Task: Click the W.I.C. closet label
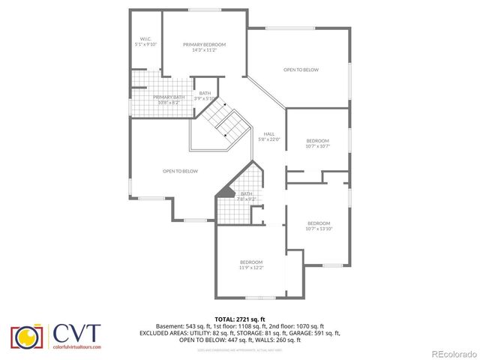pyautogui.click(x=146, y=42)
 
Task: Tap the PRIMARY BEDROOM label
pyautogui.click(x=204, y=47)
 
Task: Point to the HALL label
pyautogui.click(x=268, y=136)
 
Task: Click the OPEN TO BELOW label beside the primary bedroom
pyautogui.click(x=301, y=70)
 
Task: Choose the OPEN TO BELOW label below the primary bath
pyautogui.click(x=180, y=171)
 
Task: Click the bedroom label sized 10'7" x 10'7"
pyautogui.click(x=318, y=144)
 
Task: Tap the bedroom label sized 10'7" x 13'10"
pyautogui.click(x=319, y=226)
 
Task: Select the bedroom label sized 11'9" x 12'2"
pyautogui.click(x=251, y=264)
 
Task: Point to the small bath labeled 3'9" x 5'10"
pyautogui.click(x=205, y=95)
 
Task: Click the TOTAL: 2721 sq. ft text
pyautogui.click(x=240, y=319)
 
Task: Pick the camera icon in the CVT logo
pyautogui.click(x=26, y=337)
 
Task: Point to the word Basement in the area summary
pyautogui.click(x=169, y=326)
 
